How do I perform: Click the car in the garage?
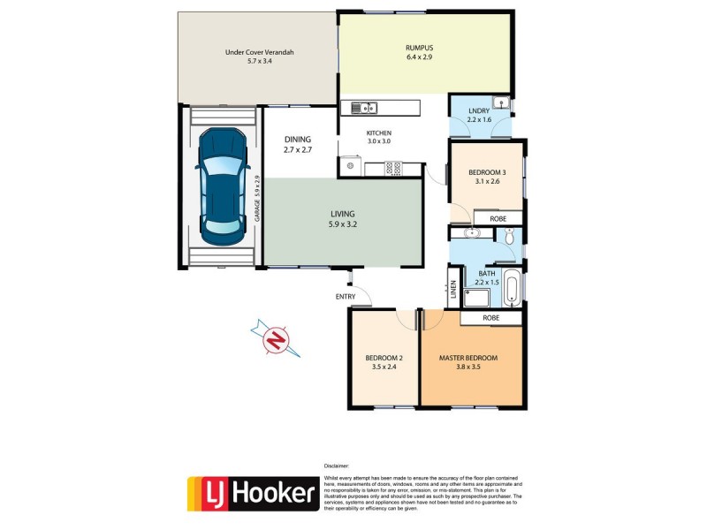(x=221, y=187)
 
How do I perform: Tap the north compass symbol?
(x=277, y=340)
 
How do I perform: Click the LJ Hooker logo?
(x=252, y=494)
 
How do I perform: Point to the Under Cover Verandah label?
(x=259, y=52)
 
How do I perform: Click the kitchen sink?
(x=363, y=109)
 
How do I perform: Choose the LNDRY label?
(x=478, y=110)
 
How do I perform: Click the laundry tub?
(x=500, y=103)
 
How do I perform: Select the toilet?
(x=510, y=237)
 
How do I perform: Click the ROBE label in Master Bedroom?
(x=492, y=317)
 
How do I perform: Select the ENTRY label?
(x=346, y=296)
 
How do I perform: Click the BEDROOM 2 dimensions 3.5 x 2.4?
(x=383, y=367)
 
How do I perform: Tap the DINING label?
(x=297, y=140)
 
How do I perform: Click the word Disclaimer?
(x=336, y=465)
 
